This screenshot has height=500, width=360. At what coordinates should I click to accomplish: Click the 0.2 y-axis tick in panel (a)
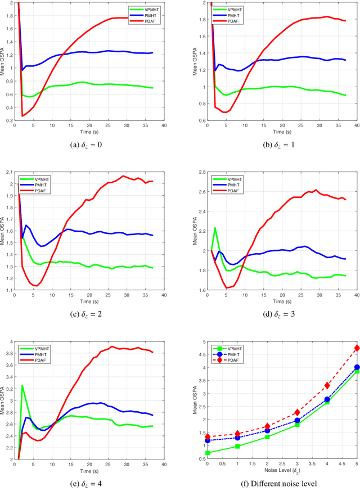10,120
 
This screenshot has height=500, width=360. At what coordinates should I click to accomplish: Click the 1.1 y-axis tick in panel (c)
10,290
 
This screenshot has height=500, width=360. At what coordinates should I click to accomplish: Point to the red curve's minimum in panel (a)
22,116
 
